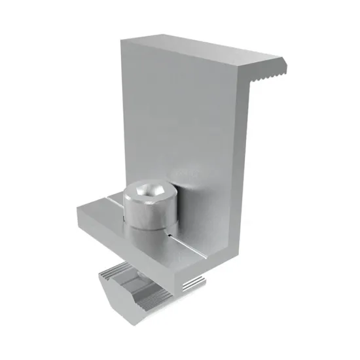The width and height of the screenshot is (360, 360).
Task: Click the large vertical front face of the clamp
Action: [x=177, y=118]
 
